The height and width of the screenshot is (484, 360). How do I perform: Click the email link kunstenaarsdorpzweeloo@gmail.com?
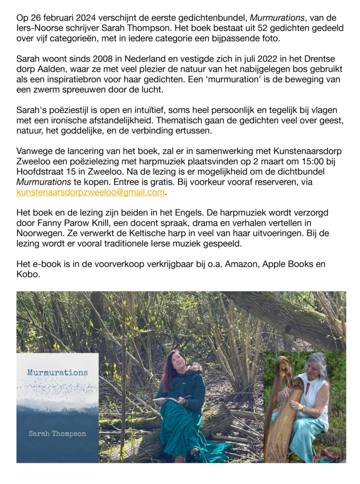90,192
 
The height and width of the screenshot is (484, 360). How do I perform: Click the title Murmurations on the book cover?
57,373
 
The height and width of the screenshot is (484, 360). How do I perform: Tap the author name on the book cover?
57,433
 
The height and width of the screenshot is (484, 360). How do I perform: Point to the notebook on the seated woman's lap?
167,400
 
